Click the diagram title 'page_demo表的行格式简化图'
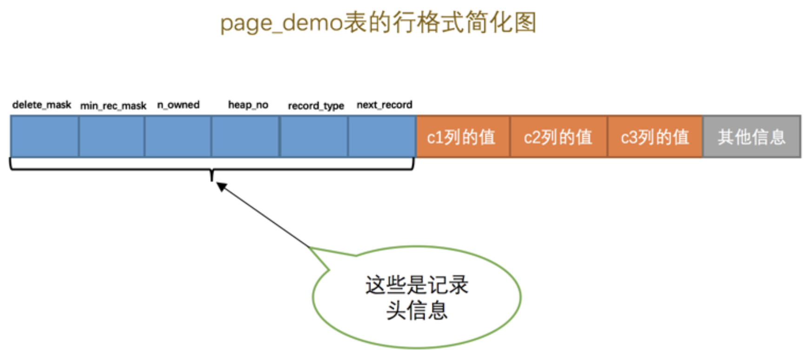point(378,23)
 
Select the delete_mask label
point(41,105)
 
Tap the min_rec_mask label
point(113,106)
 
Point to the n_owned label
point(178,105)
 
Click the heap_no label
point(248,105)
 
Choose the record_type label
point(316,106)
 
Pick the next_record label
point(384,105)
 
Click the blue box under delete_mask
point(45,136)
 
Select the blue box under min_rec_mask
point(112,136)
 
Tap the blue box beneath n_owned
point(178,136)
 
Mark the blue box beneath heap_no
point(245,136)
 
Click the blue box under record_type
point(313,136)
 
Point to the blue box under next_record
point(382,136)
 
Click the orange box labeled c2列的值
point(558,136)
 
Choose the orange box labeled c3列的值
point(655,136)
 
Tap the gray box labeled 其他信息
point(751,136)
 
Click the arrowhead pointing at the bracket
point(221,187)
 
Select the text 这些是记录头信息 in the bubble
point(417,297)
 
